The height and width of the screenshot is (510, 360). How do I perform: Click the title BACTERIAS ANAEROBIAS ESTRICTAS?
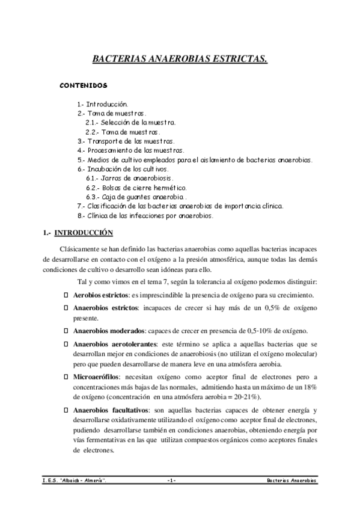click(180, 60)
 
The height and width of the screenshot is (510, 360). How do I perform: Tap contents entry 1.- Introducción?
click(102, 104)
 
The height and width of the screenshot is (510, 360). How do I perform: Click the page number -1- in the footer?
click(172, 482)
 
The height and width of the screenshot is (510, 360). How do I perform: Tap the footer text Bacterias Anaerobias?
click(293, 482)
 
